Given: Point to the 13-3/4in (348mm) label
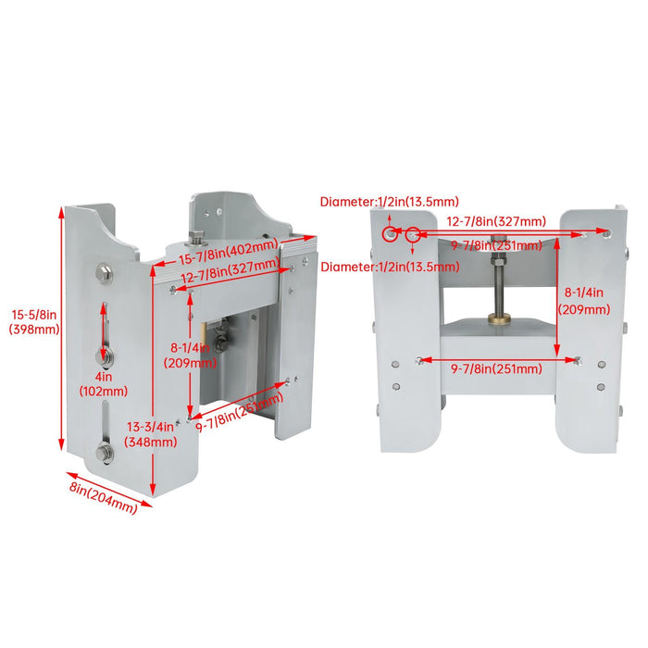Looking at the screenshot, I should pos(151,434).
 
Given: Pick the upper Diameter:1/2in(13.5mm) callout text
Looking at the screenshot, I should pos(390,201).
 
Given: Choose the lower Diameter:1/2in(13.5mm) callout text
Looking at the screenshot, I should pos(390,268).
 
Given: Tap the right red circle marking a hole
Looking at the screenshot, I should pos(413,235).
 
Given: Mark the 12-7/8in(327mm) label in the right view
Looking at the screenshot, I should pos(496,221).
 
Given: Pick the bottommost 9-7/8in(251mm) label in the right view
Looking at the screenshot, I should pos(496,369).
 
